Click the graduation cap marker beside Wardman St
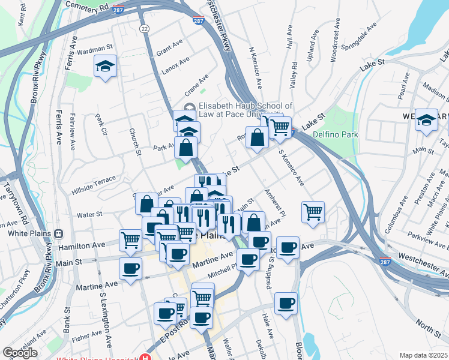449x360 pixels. (106, 66)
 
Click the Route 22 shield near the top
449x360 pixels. (143, 28)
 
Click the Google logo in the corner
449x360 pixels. (20, 353)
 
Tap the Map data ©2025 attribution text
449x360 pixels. (423, 355)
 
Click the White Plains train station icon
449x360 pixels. (59, 234)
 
